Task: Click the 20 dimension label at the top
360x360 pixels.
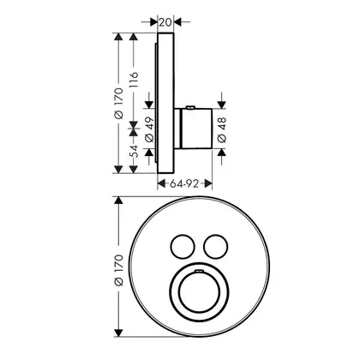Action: (x=165, y=21)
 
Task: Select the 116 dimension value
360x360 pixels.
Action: (x=134, y=80)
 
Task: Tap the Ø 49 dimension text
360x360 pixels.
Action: (x=149, y=129)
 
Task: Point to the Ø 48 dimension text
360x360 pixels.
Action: (x=222, y=129)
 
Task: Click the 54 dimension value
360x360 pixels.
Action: (x=134, y=152)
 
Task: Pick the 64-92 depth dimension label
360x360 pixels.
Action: (x=184, y=183)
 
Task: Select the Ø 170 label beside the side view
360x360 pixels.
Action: (x=118, y=103)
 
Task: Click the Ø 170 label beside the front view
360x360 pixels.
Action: (x=118, y=270)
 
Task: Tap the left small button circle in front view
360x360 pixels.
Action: (x=183, y=247)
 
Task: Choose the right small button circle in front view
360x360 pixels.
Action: (x=216, y=247)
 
